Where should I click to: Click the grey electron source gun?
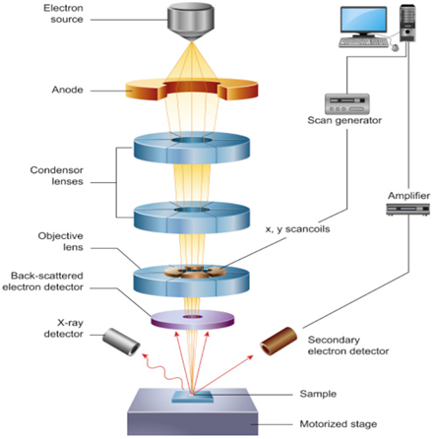point(191,22)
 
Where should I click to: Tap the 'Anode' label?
point(67,90)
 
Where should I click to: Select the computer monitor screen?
point(363,20)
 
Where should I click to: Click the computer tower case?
point(407,23)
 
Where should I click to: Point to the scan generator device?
point(347,104)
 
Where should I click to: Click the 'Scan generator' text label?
point(344,120)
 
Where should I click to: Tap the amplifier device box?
point(407,210)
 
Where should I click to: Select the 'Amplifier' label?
point(408,196)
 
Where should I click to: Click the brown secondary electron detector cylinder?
point(279,341)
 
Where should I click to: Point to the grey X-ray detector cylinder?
point(121,342)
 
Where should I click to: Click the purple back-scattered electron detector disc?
point(193,319)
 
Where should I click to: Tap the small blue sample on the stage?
point(193,397)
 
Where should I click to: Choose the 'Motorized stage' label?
point(339,424)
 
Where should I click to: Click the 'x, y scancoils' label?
point(297,229)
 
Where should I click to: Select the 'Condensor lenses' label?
point(57,175)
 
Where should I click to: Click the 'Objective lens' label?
point(60,241)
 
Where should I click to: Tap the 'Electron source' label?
point(63,14)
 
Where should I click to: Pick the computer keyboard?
point(363,42)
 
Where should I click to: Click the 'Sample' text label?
point(318,394)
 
